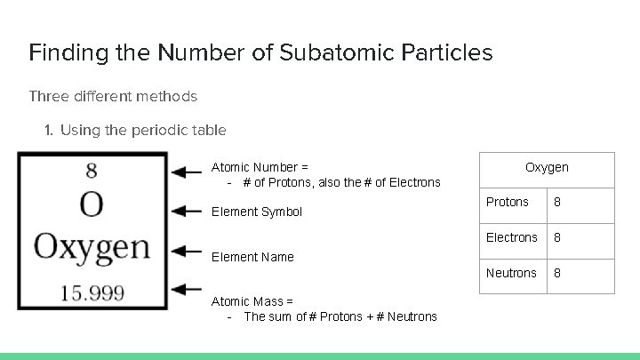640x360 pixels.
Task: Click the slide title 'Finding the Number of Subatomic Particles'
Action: click(x=260, y=52)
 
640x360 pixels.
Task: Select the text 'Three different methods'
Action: click(x=113, y=95)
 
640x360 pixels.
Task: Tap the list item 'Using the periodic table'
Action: click(x=143, y=130)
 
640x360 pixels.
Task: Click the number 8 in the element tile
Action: click(x=92, y=170)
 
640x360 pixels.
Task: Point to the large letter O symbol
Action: click(x=92, y=205)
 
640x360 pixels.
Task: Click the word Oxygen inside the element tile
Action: click(x=92, y=246)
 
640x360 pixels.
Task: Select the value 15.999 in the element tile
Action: click(x=92, y=292)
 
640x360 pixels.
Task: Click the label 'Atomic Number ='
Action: click(x=260, y=167)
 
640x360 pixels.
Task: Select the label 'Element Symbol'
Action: click(x=256, y=212)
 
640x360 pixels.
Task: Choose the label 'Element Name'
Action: click(x=252, y=257)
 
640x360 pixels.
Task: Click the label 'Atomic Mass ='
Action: click(x=252, y=301)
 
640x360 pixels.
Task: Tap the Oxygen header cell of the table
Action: click(x=547, y=168)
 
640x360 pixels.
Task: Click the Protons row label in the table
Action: click(x=508, y=202)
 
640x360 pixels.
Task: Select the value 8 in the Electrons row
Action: click(x=557, y=237)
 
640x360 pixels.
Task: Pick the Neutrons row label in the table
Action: click(x=511, y=273)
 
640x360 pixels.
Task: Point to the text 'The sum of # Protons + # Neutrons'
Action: click(x=340, y=316)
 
